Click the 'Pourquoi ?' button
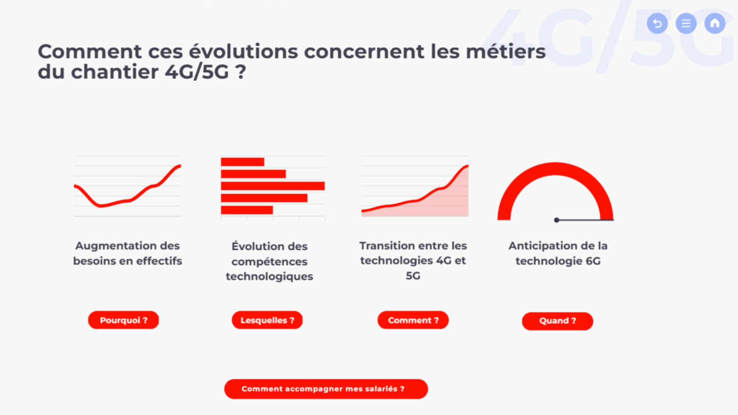tap(124, 320)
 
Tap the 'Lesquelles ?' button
tap(267, 320)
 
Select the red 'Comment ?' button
tap(413, 320)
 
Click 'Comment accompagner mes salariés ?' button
tap(326, 389)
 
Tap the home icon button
tap(715, 23)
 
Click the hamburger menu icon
tap(686, 23)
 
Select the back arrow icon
tap(657, 23)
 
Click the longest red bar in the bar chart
tap(273, 186)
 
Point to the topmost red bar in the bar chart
tap(242, 162)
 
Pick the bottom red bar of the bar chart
tap(247, 210)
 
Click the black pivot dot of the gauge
tap(557, 220)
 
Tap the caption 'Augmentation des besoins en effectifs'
tap(128, 253)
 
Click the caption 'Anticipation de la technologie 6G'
tap(558, 253)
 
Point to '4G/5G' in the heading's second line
tap(197, 72)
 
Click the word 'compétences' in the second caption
tap(269, 262)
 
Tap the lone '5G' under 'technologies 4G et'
tap(413, 275)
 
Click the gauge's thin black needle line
tap(585, 219)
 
